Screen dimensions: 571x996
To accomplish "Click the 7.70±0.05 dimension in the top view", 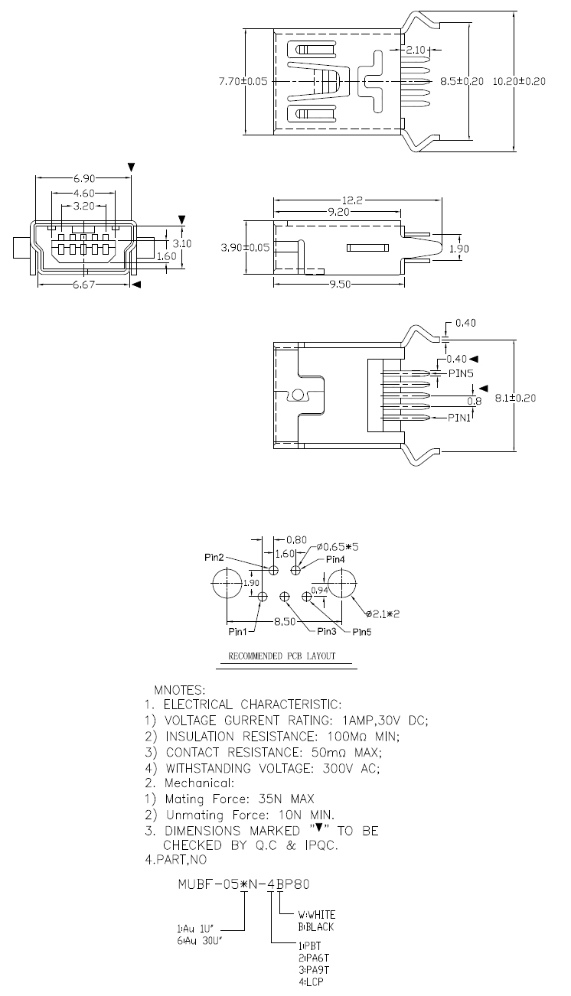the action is pos(243,81).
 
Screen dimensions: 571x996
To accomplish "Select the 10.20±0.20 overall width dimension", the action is pos(519,81).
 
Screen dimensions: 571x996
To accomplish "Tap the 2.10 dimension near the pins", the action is pos(416,50).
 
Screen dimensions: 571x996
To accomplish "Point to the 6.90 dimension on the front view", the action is pos(84,178).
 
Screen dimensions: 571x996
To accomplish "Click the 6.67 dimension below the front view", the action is pos(84,284).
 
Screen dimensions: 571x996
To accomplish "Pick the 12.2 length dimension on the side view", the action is pos(352,200).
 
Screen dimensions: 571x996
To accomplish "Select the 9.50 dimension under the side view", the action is pos(340,284).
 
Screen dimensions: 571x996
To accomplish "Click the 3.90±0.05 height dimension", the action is pos(245,247).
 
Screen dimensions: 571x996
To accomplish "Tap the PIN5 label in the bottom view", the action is pos(461,373).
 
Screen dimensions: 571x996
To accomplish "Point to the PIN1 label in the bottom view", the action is pos(458,418).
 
